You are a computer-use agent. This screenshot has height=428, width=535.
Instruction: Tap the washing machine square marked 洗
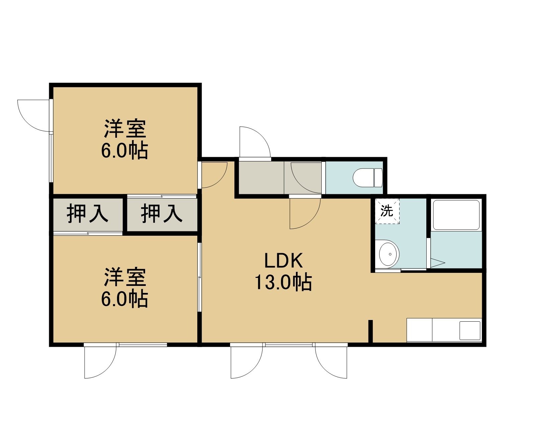click(x=387, y=211)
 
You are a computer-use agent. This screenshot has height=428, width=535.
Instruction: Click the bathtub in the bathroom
click(x=456, y=215)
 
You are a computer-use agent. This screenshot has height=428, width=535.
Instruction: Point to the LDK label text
click(x=284, y=260)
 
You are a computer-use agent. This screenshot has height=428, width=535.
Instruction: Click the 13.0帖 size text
click(x=283, y=283)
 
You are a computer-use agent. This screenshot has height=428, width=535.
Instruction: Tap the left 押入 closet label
click(x=88, y=213)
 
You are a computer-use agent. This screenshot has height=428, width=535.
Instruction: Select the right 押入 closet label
click(x=162, y=213)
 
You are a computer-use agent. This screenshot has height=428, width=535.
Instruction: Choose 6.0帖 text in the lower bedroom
click(x=124, y=299)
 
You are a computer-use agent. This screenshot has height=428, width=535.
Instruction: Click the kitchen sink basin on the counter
click(x=469, y=330)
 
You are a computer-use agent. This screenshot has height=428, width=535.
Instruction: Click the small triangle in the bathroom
click(x=437, y=263)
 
